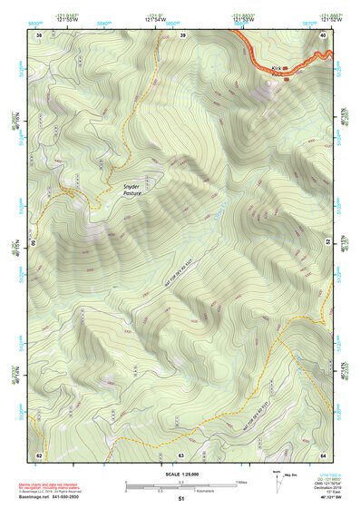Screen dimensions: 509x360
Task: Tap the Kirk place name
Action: [x=276, y=67]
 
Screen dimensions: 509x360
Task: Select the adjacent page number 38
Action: [x=39, y=34]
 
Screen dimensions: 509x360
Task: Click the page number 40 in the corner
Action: [x=324, y=34]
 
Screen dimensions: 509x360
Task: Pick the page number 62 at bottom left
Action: [x=39, y=454]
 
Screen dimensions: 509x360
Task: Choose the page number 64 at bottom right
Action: [x=324, y=454]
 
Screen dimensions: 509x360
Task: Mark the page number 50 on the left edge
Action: [x=34, y=243]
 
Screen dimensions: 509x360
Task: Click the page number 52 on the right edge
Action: [x=328, y=243]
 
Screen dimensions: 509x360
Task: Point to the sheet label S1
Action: [x=180, y=499]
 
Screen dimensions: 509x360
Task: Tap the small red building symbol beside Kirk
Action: [x=286, y=78]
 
